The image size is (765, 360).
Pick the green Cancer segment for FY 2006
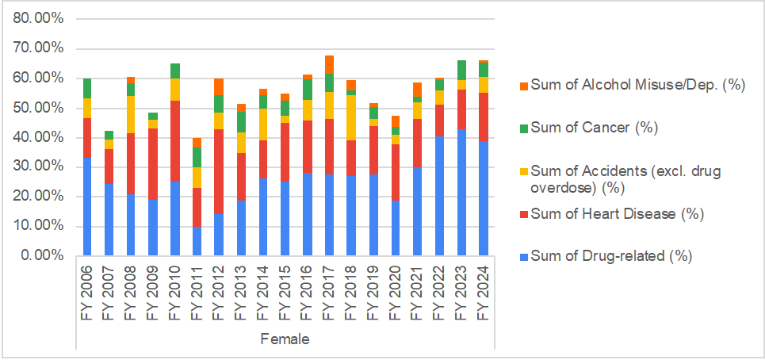[87, 88]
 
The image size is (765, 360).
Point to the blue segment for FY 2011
[197, 241]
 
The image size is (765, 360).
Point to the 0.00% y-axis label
[42, 255]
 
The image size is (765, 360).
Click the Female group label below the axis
[285, 339]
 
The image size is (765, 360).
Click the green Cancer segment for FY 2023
[461, 70]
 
